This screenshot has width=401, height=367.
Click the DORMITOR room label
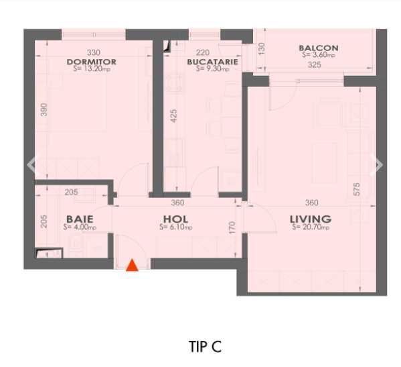[x=92, y=62]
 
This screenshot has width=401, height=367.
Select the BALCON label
[x=319, y=48]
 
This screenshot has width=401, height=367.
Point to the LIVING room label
[x=310, y=219]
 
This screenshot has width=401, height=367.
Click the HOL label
[x=175, y=219]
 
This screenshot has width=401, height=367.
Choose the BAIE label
[x=79, y=219]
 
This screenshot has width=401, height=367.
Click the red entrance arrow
[x=133, y=265]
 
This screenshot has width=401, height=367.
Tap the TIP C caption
[x=205, y=346]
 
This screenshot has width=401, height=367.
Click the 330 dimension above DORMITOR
[x=94, y=53]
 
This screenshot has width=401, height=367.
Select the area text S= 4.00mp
[x=79, y=227]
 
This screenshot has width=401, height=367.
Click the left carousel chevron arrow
[x=31, y=164]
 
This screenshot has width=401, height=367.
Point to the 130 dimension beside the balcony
[x=262, y=48]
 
